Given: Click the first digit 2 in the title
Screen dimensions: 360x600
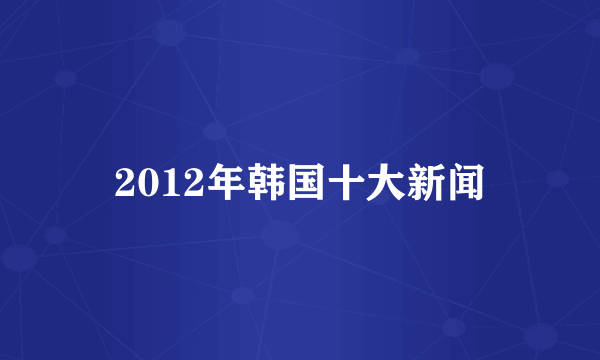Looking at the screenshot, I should coord(124,183).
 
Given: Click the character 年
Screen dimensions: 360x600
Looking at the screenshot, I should coord(209,183).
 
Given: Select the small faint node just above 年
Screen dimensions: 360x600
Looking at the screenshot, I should coord(213,131).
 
